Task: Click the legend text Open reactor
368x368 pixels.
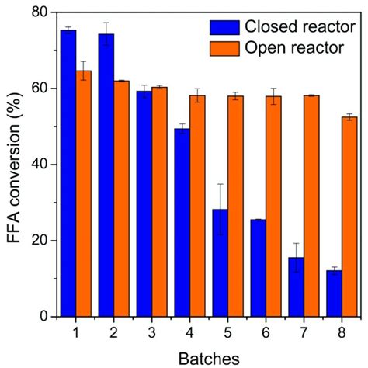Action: tap(294, 48)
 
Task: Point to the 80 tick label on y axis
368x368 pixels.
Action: tap(37, 13)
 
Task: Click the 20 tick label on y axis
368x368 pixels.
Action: tap(37, 241)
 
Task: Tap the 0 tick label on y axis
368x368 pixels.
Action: tap(42, 317)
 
